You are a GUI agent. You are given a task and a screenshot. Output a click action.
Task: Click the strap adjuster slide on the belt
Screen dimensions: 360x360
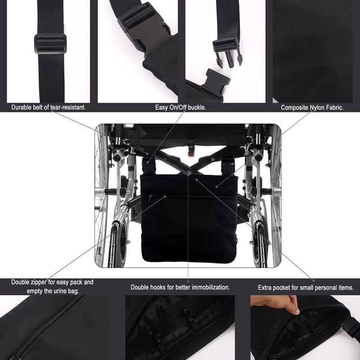[50, 44]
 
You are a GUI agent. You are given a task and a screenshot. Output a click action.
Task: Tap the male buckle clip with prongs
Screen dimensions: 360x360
[227, 52]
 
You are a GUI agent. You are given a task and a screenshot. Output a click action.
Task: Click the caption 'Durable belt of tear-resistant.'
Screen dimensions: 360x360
[49, 107]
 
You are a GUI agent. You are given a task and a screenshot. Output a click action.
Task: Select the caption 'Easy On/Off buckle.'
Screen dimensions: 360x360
[180, 107]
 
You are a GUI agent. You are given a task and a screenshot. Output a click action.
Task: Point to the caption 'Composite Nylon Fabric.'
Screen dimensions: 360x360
[312, 108]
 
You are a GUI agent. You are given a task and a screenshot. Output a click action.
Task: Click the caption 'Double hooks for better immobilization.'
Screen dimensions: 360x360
[180, 287]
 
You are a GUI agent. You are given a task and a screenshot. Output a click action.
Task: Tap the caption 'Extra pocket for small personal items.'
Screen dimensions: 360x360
[306, 288]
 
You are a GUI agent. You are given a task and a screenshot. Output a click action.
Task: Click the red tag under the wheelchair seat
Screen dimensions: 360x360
[190, 153]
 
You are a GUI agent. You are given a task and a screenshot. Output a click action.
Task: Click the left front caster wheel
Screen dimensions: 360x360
[118, 244]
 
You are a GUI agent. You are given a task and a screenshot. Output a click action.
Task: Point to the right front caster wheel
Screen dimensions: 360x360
[260, 244]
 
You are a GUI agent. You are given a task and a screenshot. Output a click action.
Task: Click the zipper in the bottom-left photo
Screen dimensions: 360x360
[44, 328]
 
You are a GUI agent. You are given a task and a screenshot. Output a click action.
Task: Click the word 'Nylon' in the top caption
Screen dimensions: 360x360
[317, 108]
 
